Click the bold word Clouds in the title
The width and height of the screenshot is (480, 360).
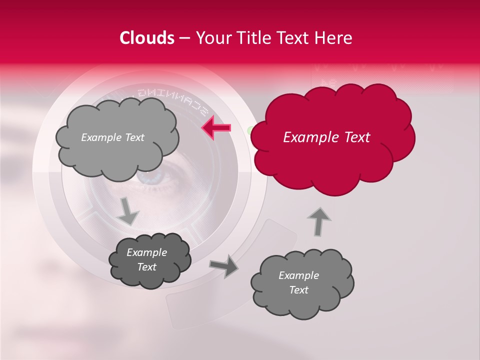pos(147,38)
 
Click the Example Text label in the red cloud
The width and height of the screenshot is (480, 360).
pos(326,137)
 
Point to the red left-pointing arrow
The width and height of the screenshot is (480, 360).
pos(216,128)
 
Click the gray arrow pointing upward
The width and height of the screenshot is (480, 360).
pos(319,220)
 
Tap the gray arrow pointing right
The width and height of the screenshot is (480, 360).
pos(224,266)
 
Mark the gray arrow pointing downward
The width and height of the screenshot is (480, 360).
pos(128,211)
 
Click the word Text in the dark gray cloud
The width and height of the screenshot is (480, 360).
pos(146,267)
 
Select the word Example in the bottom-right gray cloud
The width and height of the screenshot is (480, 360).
pos(298,275)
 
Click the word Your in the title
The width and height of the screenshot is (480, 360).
pos(212,38)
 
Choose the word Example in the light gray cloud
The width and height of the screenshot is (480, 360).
pos(99,137)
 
